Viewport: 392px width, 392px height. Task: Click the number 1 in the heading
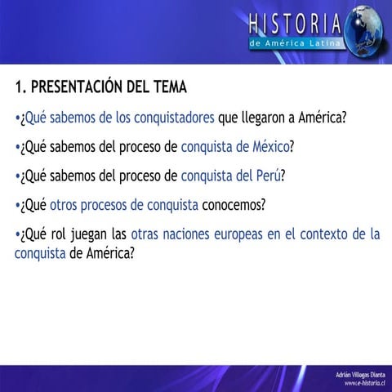(x=19, y=87)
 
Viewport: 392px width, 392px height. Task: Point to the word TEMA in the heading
(x=168, y=87)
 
